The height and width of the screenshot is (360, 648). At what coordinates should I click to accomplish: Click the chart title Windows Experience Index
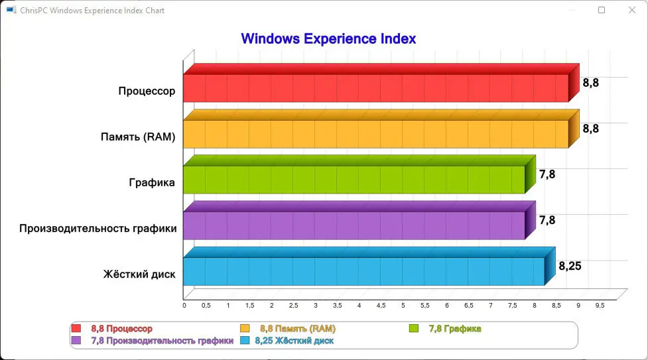[x=328, y=38]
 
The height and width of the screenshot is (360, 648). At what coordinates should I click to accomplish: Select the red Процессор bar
[x=375, y=88]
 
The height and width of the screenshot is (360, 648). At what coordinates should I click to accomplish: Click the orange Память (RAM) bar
[x=375, y=134]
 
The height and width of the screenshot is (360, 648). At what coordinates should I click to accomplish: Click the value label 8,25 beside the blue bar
[x=570, y=266]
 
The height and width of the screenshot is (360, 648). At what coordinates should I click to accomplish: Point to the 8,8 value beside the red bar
[x=590, y=83]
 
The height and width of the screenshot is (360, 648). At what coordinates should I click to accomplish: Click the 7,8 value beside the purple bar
[x=547, y=220]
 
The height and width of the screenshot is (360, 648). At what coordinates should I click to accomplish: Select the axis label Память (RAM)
[x=138, y=138]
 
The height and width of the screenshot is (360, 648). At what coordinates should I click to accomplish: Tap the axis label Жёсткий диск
[x=139, y=274]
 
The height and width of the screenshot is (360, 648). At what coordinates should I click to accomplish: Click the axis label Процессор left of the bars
[x=147, y=91]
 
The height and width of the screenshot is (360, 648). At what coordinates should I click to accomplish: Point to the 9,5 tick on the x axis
[x=600, y=306]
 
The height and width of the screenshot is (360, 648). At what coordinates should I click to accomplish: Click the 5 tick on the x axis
[x=403, y=306]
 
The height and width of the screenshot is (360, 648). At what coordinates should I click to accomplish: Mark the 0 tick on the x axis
[x=184, y=306]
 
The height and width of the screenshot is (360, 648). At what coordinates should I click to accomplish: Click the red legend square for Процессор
[x=76, y=328]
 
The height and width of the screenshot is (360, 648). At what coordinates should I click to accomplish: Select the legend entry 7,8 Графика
[x=454, y=328]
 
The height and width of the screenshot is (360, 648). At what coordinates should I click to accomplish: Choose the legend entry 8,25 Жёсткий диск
[x=294, y=340]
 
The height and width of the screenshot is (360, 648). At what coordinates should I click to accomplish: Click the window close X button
[x=631, y=10]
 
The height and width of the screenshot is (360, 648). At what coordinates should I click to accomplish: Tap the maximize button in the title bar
[x=602, y=10]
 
